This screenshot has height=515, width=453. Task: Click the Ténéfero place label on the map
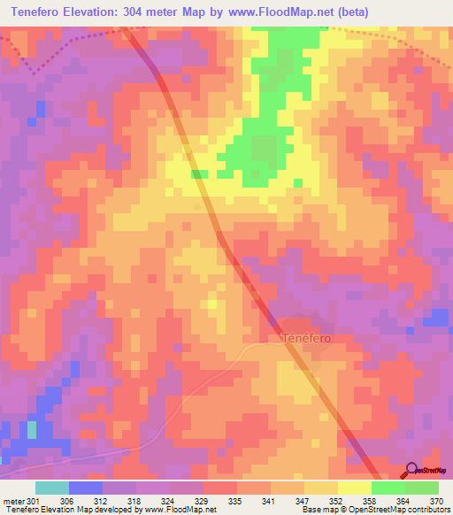306,338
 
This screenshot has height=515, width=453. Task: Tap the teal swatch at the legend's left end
51,488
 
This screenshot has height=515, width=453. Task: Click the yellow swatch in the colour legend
355,488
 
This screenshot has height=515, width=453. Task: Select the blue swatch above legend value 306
86,488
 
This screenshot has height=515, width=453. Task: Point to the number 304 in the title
159,12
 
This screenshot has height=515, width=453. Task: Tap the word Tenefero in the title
41,12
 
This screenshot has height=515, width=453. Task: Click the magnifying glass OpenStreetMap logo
411,471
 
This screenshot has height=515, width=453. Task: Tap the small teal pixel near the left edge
33,429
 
